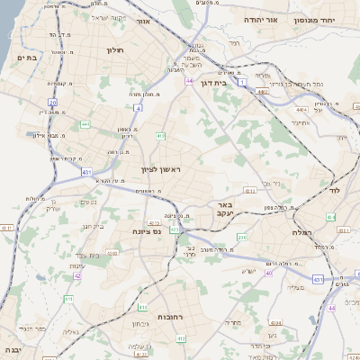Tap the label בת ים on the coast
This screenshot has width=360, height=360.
[x=27, y=58]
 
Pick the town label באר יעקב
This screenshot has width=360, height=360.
[x=224, y=209]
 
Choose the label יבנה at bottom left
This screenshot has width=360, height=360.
[x=12, y=349]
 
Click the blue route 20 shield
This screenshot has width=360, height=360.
[x=53, y=103]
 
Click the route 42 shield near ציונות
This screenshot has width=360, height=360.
[x=77, y=275]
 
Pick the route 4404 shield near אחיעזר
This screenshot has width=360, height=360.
[x=300, y=110]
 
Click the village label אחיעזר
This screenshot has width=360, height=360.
[x=304, y=123]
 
